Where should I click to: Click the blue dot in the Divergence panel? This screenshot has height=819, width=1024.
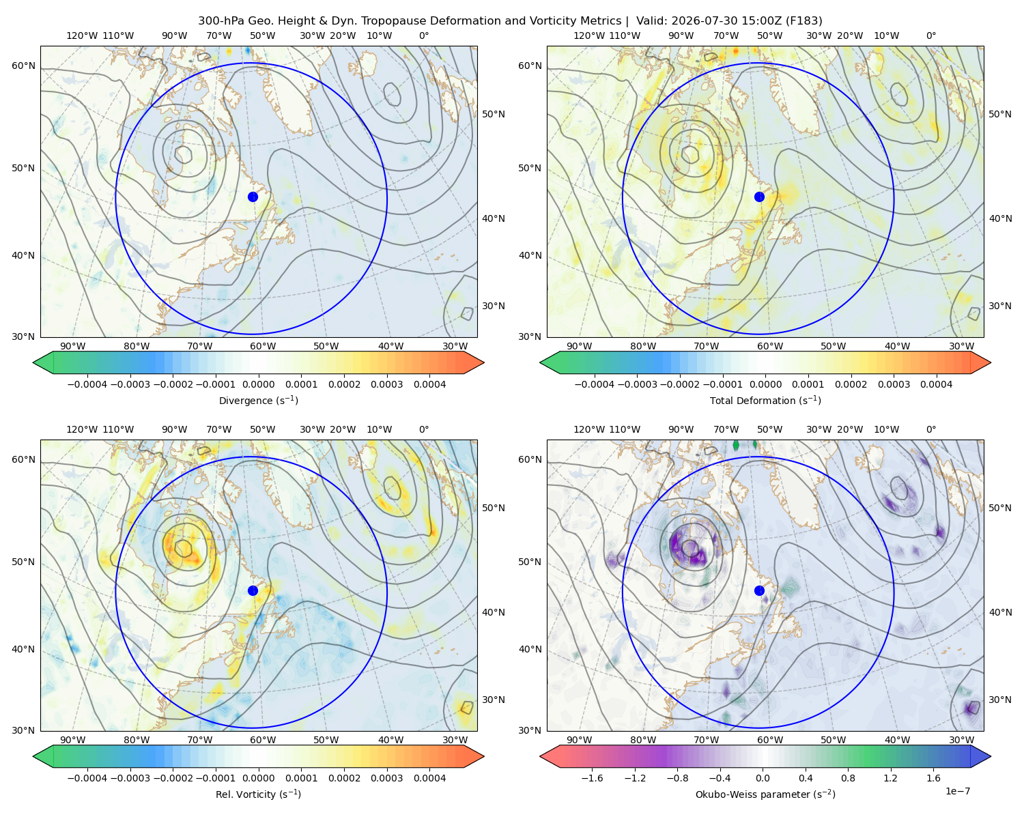253,197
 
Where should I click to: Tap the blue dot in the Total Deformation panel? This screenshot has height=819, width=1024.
759,197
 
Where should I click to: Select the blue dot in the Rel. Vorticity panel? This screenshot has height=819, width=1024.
253,590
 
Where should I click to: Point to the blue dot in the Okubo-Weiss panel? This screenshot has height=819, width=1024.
759,590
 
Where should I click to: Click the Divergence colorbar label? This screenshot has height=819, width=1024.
258,401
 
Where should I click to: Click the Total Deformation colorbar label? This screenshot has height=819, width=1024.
765,401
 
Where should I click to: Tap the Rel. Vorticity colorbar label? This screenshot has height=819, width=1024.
258,794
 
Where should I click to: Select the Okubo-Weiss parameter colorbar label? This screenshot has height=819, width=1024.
765,794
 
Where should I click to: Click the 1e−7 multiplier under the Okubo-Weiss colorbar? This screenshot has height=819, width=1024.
957,791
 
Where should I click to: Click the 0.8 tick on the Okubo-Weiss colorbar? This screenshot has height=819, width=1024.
848,778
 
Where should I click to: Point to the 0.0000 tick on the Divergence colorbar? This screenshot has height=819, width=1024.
258,384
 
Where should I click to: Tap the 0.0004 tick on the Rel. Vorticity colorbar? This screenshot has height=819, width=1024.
429,778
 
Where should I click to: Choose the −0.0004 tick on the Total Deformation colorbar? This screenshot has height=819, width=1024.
595,384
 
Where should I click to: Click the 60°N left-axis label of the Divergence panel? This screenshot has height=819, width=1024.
23,66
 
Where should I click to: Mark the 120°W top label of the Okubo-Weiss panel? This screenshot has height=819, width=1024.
588,429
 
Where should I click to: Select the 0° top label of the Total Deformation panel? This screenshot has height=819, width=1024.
930,35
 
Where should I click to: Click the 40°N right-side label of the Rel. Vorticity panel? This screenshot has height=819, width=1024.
494,612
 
